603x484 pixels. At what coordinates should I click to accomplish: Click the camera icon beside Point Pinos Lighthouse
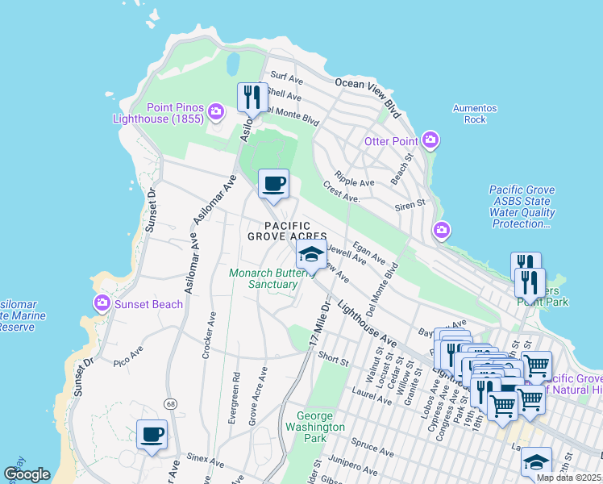tap(216, 111)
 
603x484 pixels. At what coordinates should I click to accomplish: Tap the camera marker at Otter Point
tap(430, 141)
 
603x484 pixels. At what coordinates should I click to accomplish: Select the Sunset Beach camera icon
tap(102, 304)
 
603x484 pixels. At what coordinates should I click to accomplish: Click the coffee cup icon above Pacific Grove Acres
tap(273, 184)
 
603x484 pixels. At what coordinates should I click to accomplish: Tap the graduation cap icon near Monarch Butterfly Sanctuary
tap(311, 255)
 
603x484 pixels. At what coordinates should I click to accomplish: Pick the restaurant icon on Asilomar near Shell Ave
tap(252, 98)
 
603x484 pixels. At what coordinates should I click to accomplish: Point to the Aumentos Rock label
tap(475, 114)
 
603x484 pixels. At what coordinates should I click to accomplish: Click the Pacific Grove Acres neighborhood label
tap(286, 230)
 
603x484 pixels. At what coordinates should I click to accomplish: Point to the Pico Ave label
tap(127, 353)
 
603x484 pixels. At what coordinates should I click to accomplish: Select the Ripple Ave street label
tap(356, 183)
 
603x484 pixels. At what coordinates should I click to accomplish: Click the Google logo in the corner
tap(27, 474)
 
